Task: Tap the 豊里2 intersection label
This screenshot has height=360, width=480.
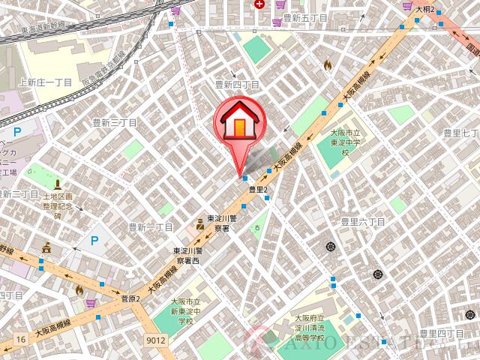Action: click(259, 190)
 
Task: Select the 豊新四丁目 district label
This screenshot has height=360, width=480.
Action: click(237, 85)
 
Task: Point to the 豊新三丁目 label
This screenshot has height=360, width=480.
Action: click(114, 122)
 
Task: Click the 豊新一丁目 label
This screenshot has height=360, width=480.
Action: click(150, 226)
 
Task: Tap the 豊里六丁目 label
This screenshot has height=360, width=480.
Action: click(363, 222)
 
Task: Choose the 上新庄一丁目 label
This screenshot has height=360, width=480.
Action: click(45, 82)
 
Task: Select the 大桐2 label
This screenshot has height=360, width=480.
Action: click(425, 9)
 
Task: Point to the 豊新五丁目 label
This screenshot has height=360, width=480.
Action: click(304, 18)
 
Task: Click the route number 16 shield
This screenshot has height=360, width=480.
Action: click(23, 340)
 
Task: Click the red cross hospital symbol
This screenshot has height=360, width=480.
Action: click(259, 4)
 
